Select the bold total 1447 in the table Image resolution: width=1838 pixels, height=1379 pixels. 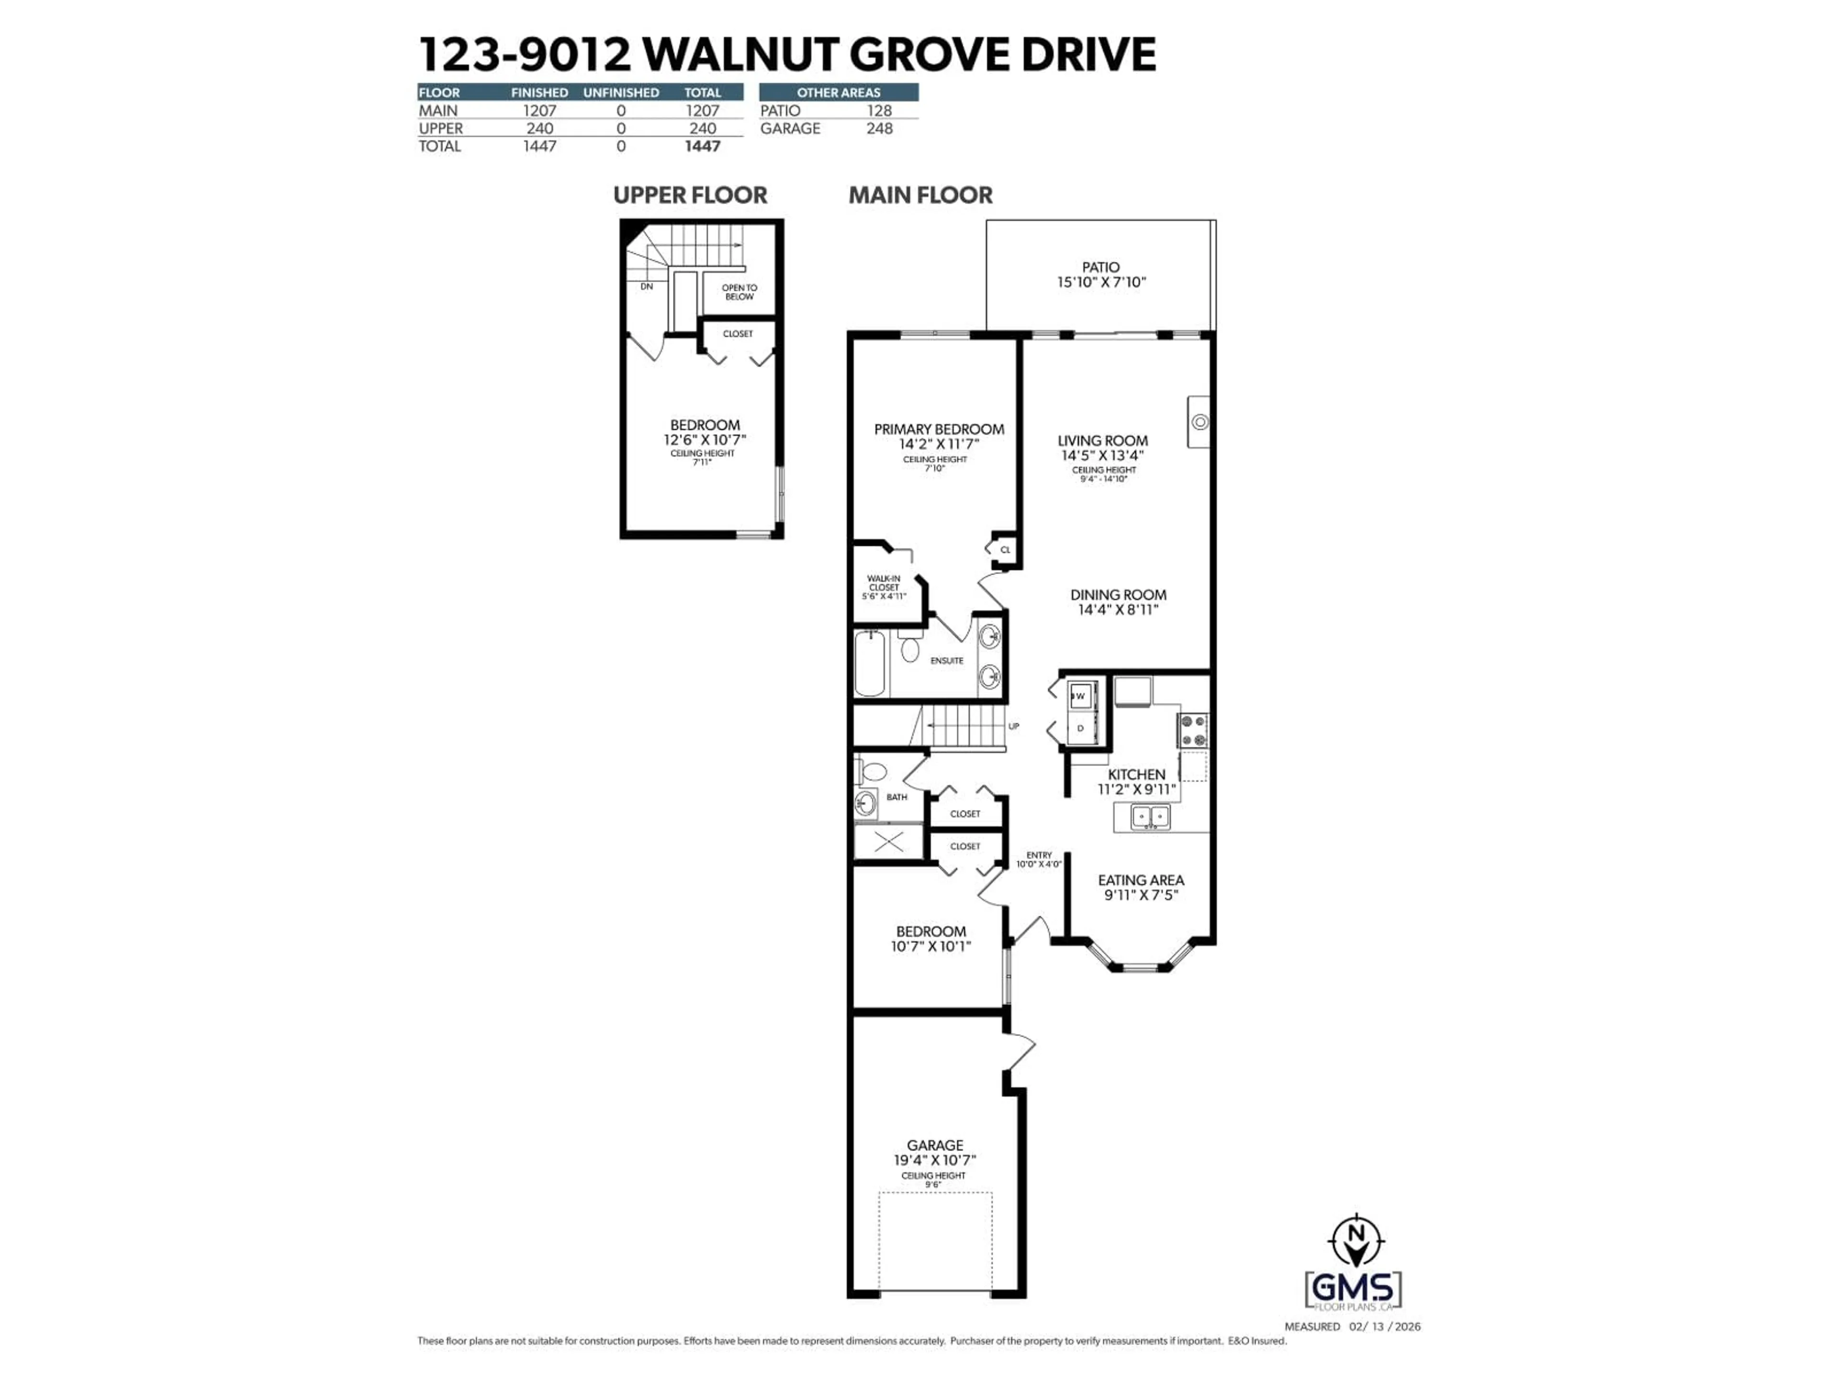tap(702, 147)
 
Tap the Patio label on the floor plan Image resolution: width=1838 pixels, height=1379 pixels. tap(1100, 267)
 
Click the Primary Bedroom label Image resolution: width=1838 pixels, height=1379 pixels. tap(939, 429)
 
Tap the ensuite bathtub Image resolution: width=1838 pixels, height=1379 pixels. tap(871, 663)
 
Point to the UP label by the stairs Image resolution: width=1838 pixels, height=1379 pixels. tap(1014, 726)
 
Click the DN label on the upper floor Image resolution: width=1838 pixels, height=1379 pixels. tap(647, 286)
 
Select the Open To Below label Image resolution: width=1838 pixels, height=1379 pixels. tap(739, 292)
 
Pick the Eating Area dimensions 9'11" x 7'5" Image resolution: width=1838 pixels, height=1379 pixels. tap(1141, 895)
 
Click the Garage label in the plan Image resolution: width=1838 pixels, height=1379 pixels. tap(935, 1144)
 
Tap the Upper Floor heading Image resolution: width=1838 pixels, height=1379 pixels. tap(690, 195)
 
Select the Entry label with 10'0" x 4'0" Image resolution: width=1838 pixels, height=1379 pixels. tap(1039, 859)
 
